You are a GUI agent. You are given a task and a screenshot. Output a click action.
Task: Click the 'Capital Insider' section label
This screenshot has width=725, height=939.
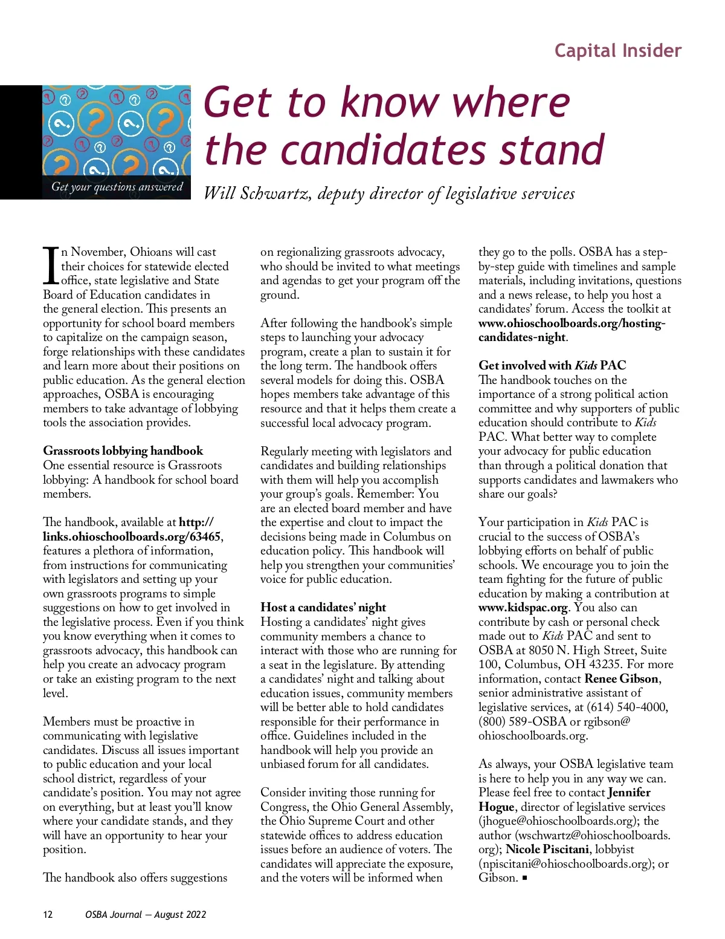[x=617, y=51]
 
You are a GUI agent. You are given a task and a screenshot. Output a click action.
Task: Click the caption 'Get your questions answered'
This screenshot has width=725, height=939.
[x=117, y=187]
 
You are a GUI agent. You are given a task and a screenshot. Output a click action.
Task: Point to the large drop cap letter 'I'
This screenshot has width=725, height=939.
[x=51, y=266]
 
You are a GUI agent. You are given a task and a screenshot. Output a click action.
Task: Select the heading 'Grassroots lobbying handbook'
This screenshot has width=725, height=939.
[x=123, y=451]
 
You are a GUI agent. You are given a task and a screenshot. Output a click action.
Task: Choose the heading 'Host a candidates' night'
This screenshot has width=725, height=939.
[x=323, y=608]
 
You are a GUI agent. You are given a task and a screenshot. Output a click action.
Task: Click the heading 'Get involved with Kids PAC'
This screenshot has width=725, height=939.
[x=552, y=365]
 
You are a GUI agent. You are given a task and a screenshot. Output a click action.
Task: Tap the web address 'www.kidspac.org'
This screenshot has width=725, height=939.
[x=523, y=608]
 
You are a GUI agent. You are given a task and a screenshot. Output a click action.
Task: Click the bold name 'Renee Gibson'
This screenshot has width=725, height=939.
[x=621, y=678]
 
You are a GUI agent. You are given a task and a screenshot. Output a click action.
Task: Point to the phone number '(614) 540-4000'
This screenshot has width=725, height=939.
[x=628, y=707]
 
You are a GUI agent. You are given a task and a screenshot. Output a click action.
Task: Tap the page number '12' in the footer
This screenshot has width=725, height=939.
[x=48, y=915]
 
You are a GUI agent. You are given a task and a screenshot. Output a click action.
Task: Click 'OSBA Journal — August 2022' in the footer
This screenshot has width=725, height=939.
[x=146, y=915]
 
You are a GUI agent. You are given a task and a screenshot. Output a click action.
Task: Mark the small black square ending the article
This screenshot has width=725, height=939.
[x=525, y=878]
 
